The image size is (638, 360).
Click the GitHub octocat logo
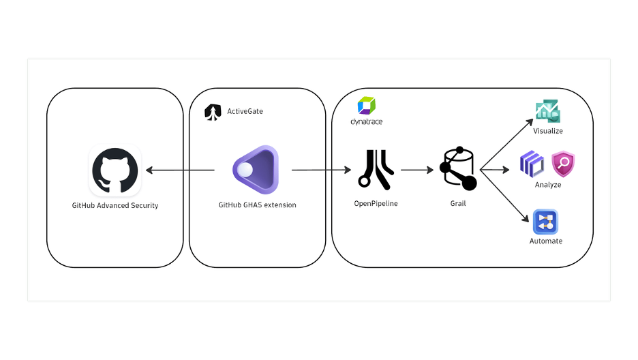pyautogui.click(x=115, y=171)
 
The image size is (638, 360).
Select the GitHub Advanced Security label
pyautogui.click(x=115, y=205)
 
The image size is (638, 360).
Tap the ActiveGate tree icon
pyautogui.click(x=213, y=112)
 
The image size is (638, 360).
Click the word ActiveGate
pyautogui.click(x=245, y=111)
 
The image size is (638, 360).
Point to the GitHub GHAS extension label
pyautogui.click(x=257, y=205)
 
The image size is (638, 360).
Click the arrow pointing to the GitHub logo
pyautogui.click(x=180, y=170)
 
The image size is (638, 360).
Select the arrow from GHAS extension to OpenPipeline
pyautogui.click(x=320, y=170)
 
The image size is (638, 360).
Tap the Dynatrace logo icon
pyautogui.click(x=367, y=106)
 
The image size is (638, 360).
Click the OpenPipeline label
pyautogui.click(x=376, y=203)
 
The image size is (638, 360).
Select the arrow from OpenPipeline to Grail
pyautogui.click(x=416, y=170)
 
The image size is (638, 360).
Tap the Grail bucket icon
pyautogui.click(x=457, y=168)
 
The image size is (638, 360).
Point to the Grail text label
pyautogui.click(x=458, y=203)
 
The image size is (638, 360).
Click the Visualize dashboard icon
pyautogui.click(x=547, y=111)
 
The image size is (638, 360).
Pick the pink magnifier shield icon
pyautogui.click(x=563, y=164)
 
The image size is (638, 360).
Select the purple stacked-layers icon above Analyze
pyautogui.click(x=532, y=164)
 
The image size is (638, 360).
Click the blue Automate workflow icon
pyautogui.click(x=546, y=222)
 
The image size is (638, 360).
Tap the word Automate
pyautogui.click(x=546, y=241)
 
